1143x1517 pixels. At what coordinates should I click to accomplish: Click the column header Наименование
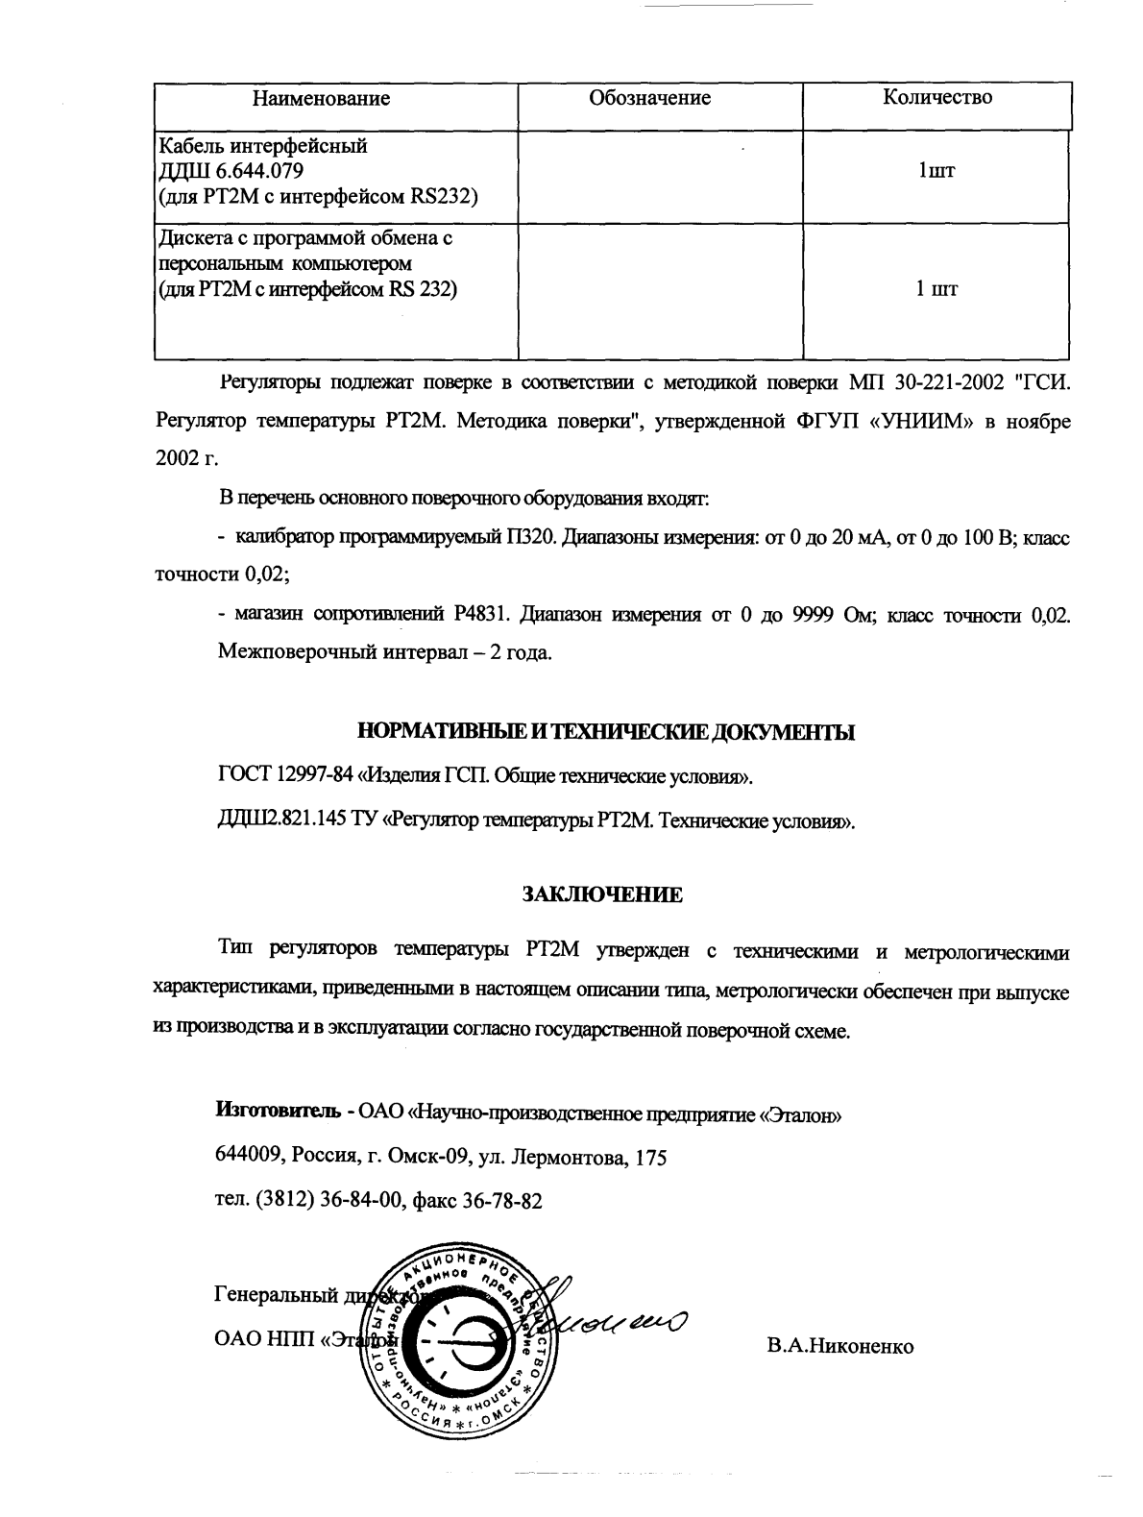point(321,99)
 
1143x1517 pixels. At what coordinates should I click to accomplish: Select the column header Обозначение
point(649,98)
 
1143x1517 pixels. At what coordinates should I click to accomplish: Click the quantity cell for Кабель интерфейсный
point(936,172)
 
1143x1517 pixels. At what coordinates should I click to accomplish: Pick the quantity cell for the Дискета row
point(936,288)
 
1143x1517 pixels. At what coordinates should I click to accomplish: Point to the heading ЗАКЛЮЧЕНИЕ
point(602,894)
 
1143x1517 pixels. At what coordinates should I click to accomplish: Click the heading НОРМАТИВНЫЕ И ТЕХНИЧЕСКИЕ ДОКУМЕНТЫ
point(605,733)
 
